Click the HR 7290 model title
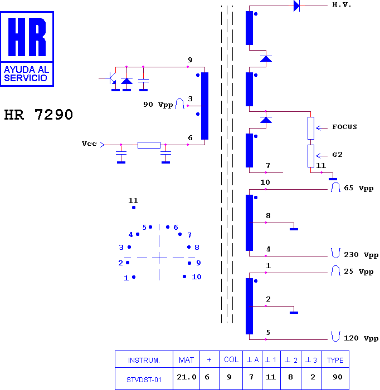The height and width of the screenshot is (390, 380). click(38, 115)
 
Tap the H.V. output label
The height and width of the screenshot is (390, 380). click(342, 4)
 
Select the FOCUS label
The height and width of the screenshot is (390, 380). click(344, 127)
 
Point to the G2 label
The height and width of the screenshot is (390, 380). click(338, 155)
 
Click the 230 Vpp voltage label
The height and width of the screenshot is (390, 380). click(361, 255)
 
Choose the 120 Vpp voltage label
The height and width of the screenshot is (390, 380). click(361, 338)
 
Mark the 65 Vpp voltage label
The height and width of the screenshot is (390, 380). click(359, 188)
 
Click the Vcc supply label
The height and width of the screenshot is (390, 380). click(89, 144)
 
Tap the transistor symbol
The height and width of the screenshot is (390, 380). click(111, 78)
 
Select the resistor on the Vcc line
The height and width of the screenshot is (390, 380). click(149, 145)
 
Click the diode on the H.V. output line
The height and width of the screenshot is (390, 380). click(296, 6)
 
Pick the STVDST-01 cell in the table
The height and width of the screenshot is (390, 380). click(144, 380)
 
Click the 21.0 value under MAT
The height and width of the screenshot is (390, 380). click(187, 377)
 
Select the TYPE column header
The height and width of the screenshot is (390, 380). click(335, 360)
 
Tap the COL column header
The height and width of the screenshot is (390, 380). click(231, 359)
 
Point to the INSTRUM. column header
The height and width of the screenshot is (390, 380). click(144, 360)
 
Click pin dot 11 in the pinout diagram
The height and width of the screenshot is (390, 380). click(134, 208)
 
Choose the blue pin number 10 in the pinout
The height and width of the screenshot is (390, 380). click(197, 277)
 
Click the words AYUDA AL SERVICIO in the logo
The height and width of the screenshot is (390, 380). click(26, 74)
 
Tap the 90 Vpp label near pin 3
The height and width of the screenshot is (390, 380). click(158, 105)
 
